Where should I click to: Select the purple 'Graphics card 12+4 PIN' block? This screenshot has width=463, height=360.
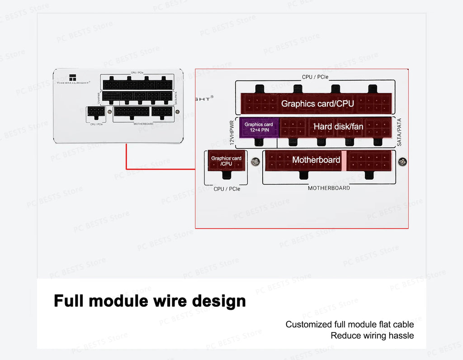pyautogui.click(x=259, y=127)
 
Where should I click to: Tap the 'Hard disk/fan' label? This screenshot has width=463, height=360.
pyautogui.click(x=338, y=126)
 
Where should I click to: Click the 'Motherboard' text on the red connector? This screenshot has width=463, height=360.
pyautogui.click(x=316, y=160)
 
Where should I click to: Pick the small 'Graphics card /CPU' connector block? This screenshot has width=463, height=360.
pyautogui.click(x=226, y=161)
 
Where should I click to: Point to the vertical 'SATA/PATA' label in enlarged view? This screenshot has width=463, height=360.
pyautogui.click(x=399, y=132)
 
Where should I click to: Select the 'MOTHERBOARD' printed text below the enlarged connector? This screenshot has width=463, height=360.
pyautogui.click(x=329, y=188)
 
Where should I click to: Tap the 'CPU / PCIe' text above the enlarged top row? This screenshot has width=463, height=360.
pyautogui.click(x=315, y=77)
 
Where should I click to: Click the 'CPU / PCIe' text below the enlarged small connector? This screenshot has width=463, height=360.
pyautogui.click(x=227, y=189)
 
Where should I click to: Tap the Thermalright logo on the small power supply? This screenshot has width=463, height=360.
pyautogui.click(x=73, y=79)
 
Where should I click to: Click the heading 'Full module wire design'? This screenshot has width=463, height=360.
pyautogui.click(x=150, y=300)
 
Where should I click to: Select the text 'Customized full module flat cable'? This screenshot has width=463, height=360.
pyautogui.click(x=350, y=324)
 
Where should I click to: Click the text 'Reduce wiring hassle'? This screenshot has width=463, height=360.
pyautogui.click(x=372, y=336)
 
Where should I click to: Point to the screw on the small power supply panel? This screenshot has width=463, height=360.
pyautogui.click(x=177, y=112)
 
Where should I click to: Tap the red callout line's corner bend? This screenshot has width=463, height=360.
pyautogui.click(x=126, y=169)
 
